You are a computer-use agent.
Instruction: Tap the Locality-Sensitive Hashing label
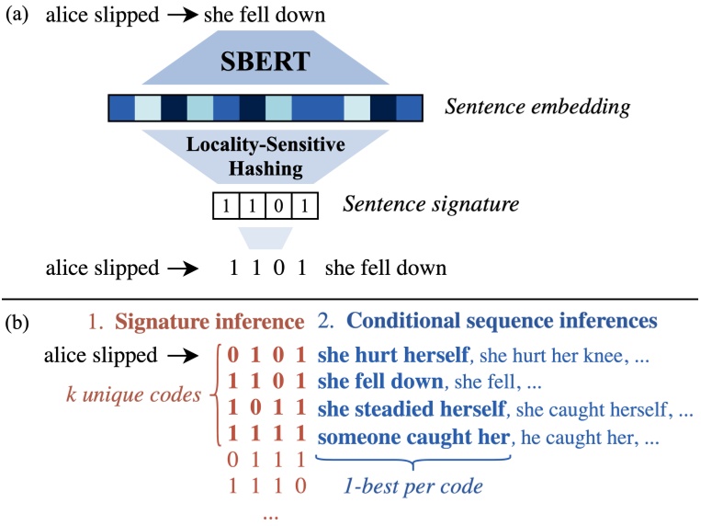click(266, 155)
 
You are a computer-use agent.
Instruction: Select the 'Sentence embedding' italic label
click(537, 108)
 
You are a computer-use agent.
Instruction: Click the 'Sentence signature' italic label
click(431, 203)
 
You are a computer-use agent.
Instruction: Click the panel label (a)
click(18, 16)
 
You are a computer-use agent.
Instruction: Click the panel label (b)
click(18, 322)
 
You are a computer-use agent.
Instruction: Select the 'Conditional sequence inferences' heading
click(502, 322)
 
